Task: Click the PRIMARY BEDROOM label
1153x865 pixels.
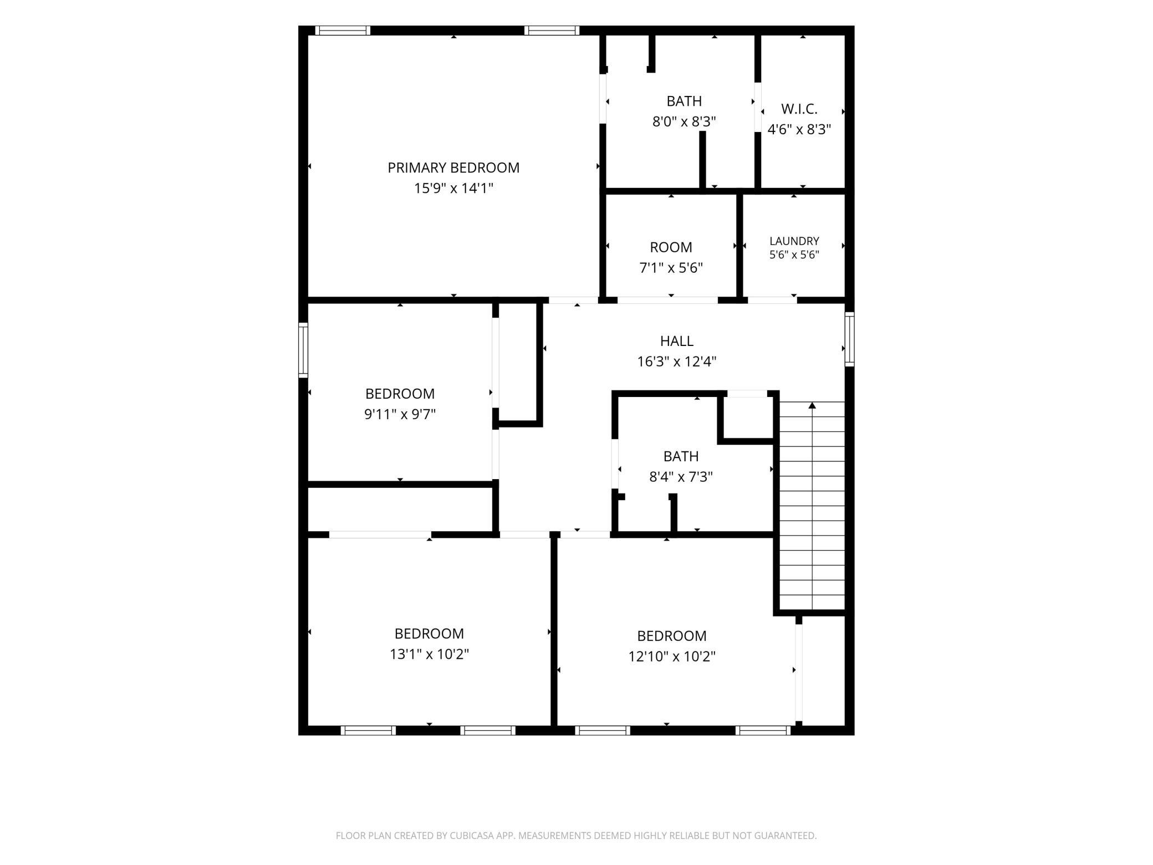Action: point(453,167)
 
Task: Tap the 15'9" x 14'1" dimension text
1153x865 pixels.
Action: point(453,189)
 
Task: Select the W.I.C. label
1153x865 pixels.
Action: point(799,109)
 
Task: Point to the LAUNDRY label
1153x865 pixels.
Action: point(794,241)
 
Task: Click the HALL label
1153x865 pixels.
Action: point(677,341)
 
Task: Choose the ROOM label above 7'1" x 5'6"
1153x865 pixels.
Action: point(671,247)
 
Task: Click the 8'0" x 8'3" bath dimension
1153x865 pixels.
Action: point(684,121)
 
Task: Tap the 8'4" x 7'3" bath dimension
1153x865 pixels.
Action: point(681,477)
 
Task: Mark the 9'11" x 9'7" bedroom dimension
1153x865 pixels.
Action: point(400,414)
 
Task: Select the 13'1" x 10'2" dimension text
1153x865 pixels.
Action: point(429,654)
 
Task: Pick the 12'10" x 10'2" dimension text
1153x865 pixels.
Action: point(672,657)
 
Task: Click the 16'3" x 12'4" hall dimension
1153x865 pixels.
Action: point(677,362)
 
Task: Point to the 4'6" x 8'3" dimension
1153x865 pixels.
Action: point(799,130)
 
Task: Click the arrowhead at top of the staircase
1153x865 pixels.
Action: point(812,405)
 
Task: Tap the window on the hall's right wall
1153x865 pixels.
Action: point(849,339)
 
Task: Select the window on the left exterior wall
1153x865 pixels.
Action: point(303,350)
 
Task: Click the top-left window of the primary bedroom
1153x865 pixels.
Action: point(343,30)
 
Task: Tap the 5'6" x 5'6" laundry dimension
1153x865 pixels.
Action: point(794,255)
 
